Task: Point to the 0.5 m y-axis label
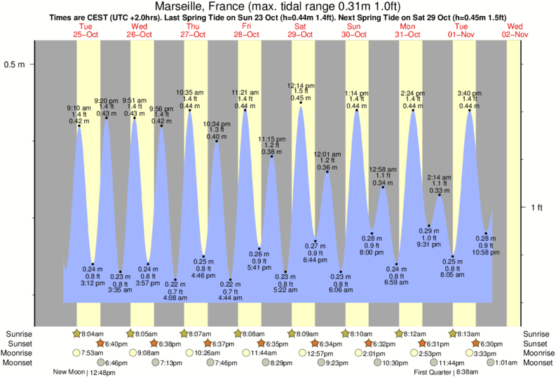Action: (x=15, y=65)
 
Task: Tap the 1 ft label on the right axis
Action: (x=537, y=208)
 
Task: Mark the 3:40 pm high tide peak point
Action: (x=469, y=110)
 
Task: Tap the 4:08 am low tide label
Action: (x=175, y=291)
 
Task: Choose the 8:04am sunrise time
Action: (x=88, y=334)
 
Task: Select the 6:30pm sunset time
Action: (x=491, y=344)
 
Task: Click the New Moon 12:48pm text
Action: (x=85, y=372)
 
